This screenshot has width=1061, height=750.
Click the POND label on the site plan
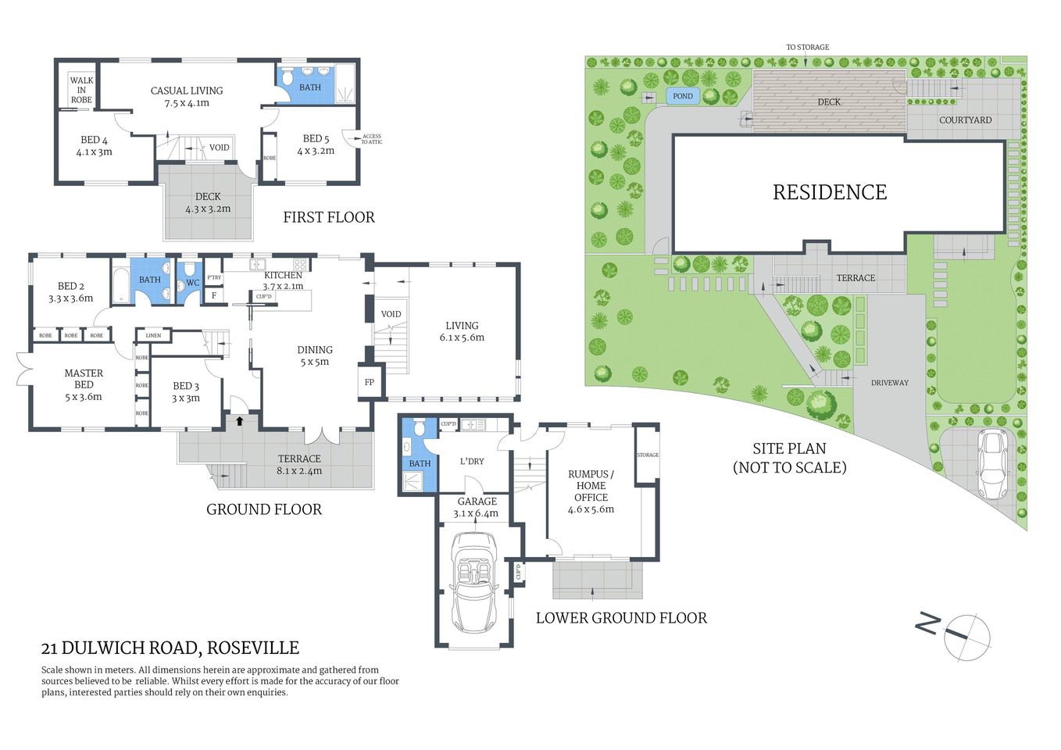point(683,96)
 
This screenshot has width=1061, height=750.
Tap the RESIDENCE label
point(829,192)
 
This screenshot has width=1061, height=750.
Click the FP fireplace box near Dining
point(370,382)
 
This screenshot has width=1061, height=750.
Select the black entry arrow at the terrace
point(240,421)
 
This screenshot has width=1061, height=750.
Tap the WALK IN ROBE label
point(81,90)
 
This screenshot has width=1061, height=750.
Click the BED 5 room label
point(316,145)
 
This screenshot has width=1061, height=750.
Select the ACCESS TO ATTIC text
point(371,139)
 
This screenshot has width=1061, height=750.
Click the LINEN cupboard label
point(153,335)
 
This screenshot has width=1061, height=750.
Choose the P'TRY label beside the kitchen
point(214,277)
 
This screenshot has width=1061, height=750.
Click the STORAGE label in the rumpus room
point(648,455)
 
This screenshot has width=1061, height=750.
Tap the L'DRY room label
point(472,461)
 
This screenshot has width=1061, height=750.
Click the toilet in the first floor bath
point(288,78)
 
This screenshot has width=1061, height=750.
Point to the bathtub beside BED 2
point(120,285)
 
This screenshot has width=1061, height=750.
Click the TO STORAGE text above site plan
point(807,47)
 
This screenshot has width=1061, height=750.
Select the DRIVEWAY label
point(890,383)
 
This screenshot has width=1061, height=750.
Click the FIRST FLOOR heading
point(329,217)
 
